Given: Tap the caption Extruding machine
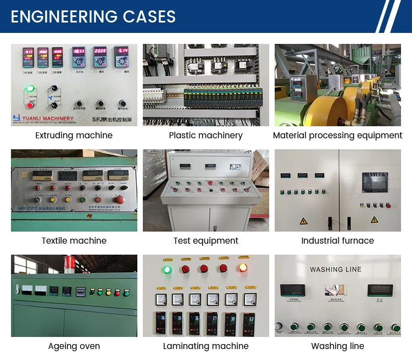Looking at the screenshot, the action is coord(74,136).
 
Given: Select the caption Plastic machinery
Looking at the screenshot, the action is coord(205,136).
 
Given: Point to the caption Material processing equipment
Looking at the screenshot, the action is coord(337,136).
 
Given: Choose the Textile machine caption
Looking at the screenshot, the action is coord(74,241).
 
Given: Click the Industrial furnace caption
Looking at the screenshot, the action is coord(337,241).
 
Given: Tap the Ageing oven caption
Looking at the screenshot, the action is coord(74,346).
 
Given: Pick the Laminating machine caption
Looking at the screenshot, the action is coord(205,346).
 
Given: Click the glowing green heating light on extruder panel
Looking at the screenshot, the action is coord(30,88).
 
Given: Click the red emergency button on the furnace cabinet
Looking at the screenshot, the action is coord(388,206).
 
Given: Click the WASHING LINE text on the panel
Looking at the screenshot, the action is coord(335,269).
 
